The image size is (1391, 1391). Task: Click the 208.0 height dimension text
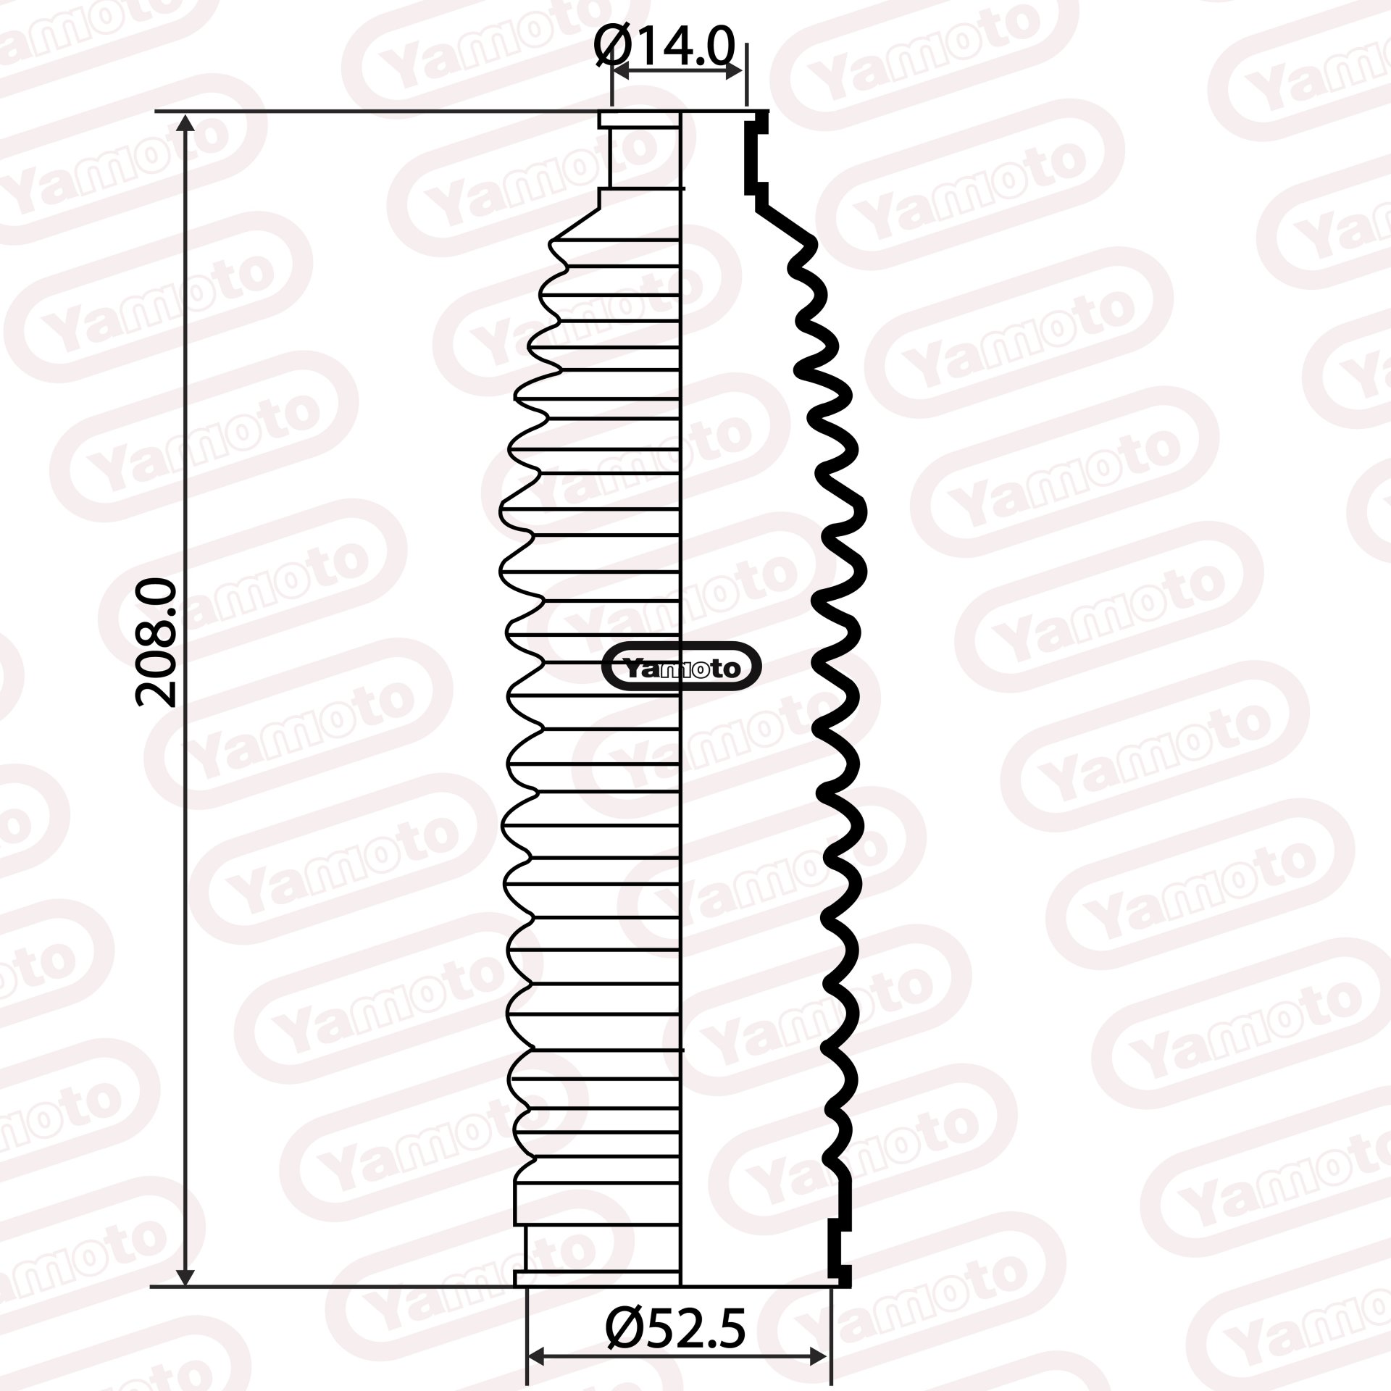click(157, 642)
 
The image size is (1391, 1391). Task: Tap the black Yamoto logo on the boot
click(682, 667)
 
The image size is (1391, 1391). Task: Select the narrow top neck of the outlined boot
click(641, 156)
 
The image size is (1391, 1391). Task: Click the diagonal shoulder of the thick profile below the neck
click(786, 222)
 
